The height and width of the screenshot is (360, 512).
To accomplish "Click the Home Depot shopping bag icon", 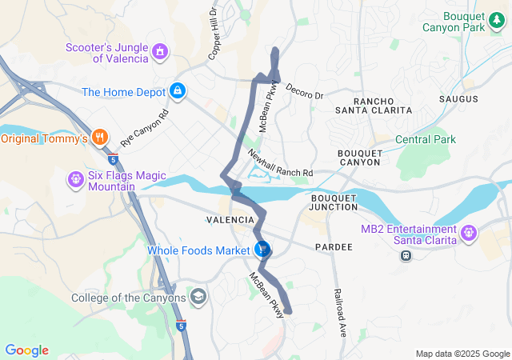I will [177, 92].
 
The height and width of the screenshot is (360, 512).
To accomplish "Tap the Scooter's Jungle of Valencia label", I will [108, 52].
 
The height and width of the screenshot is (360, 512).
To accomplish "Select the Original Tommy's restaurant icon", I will [100, 137].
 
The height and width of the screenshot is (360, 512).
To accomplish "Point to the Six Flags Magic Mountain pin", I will [75, 178].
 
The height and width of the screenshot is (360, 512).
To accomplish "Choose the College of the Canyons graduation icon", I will [198, 298].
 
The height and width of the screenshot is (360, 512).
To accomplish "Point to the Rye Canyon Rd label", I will [146, 126].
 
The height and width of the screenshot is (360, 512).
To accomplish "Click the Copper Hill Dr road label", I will [214, 34].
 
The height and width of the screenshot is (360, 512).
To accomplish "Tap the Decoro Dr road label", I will [304, 90].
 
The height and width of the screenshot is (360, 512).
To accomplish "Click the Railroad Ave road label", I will [338, 313].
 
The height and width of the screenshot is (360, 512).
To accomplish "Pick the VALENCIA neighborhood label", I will [230, 219].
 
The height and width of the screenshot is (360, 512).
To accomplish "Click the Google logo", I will [26, 350].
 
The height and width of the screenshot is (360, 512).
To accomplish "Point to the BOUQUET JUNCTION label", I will [334, 202].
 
